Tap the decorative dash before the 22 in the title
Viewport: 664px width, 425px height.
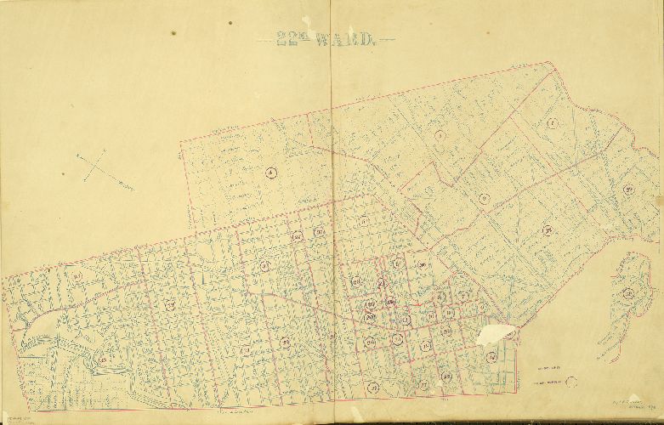[266, 39]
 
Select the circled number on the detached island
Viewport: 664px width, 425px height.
[629, 294]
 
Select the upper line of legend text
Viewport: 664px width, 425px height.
[548, 369]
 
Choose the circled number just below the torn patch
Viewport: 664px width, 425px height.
[491, 358]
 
